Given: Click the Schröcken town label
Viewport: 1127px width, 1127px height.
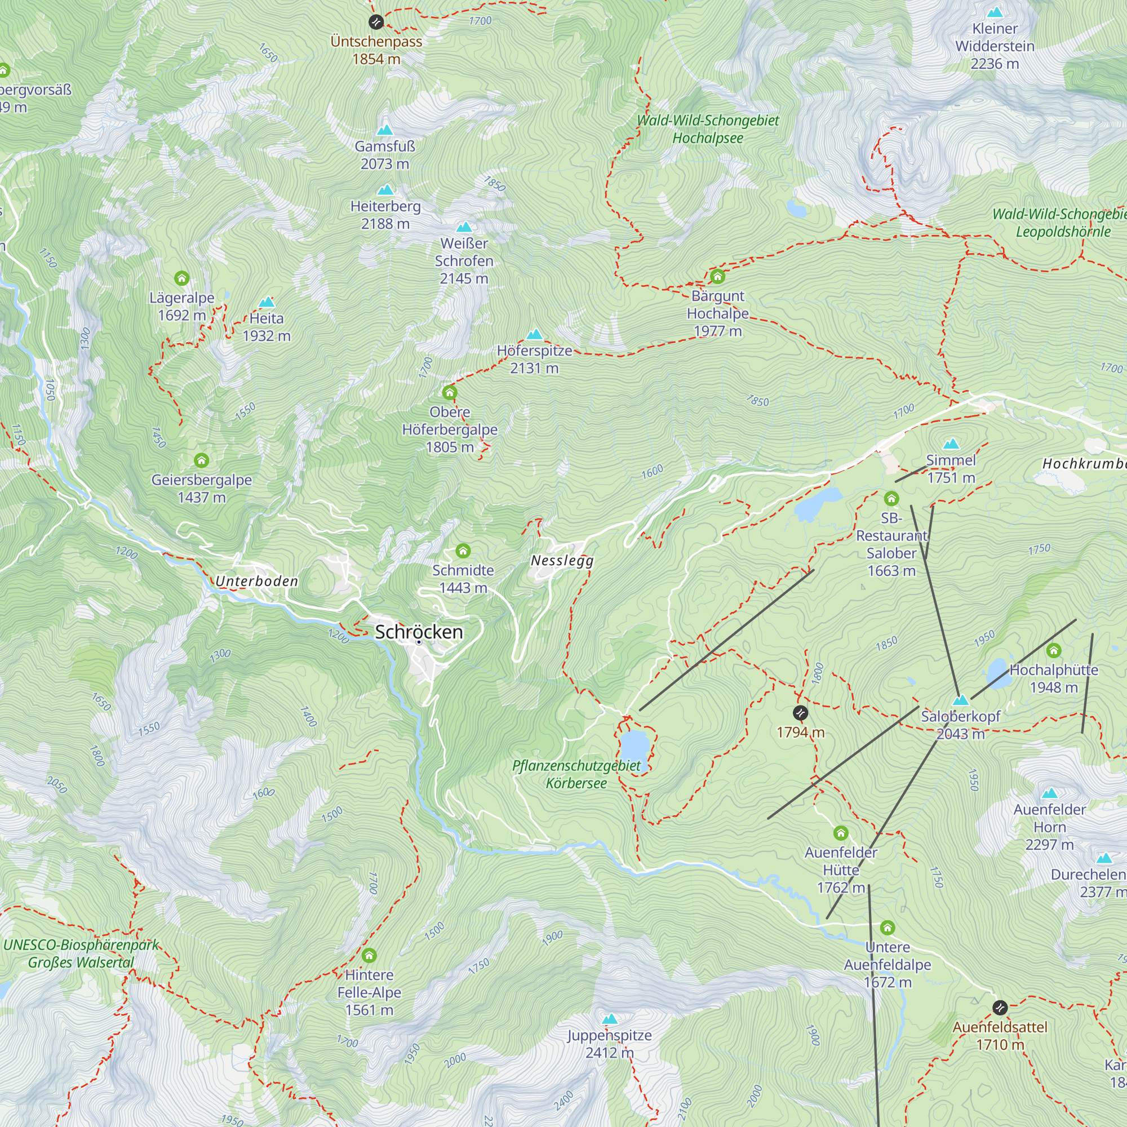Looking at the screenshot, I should click(419, 632).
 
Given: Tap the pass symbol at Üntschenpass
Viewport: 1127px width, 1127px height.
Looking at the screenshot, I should click(376, 22).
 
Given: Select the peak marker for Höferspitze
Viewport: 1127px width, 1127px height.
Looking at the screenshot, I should click(534, 334).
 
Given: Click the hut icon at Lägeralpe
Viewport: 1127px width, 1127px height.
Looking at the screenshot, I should click(182, 278).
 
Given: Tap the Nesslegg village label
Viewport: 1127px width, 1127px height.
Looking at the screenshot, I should click(562, 561).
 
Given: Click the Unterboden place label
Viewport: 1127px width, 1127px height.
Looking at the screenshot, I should click(256, 581).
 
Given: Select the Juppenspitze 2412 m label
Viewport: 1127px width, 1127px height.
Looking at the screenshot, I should click(610, 1044).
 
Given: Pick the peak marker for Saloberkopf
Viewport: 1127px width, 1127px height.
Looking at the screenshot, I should click(960, 700).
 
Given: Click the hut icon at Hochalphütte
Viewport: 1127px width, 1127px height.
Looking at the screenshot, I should click(1054, 650).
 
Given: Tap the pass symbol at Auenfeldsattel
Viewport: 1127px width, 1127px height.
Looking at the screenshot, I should click(1000, 1008).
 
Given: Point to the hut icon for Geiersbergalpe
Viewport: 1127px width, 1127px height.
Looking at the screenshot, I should click(202, 460).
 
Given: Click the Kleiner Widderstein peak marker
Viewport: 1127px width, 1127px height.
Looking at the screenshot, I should click(995, 12).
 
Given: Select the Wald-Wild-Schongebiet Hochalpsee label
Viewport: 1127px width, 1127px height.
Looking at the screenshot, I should click(708, 129).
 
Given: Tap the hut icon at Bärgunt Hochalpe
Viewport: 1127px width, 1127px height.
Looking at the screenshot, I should click(717, 277).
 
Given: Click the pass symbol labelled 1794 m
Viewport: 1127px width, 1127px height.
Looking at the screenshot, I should click(800, 713).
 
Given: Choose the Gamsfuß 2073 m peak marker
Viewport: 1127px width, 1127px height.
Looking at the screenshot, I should click(384, 130).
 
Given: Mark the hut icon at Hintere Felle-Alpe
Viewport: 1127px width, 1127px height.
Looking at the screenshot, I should click(369, 956).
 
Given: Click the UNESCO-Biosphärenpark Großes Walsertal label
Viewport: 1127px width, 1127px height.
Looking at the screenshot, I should click(81, 953).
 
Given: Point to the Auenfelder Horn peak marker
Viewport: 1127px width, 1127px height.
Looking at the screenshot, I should click(1049, 793).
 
